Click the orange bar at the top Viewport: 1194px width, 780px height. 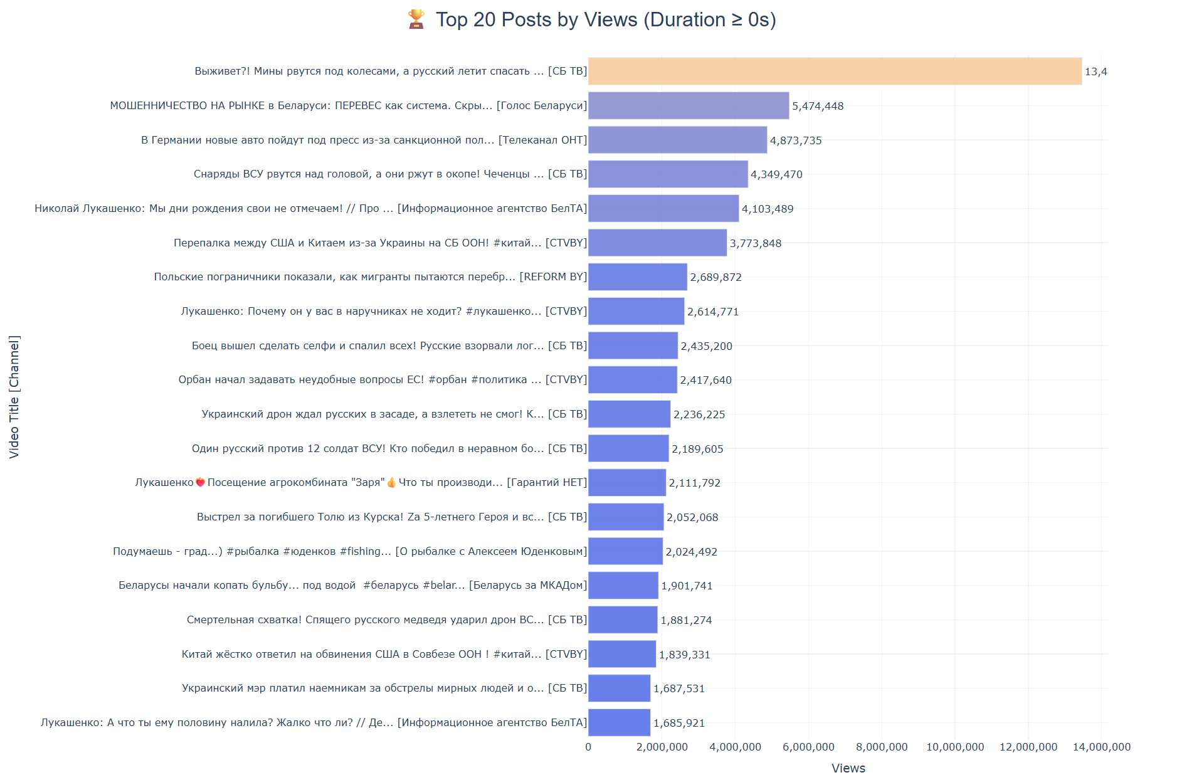tap(835, 71)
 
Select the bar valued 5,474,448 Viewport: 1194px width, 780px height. tap(689, 106)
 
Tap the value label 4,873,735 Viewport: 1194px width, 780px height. tap(796, 140)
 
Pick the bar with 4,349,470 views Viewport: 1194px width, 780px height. tap(668, 174)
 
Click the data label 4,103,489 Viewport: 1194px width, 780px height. tap(768, 209)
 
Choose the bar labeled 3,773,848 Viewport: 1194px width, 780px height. tap(657, 243)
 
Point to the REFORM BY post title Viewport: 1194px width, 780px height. tap(370, 277)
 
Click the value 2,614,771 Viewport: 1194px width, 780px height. tap(713, 312)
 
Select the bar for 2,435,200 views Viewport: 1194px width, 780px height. tap(633, 345)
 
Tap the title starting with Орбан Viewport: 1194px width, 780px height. tap(383, 380)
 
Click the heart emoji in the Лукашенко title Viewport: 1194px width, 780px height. tap(201, 483)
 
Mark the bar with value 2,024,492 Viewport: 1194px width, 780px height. tap(625, 551)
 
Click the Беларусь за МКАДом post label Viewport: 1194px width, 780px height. tap(352, 586)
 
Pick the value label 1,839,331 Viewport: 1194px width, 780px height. tap(685, 655)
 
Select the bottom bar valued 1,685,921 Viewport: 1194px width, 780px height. tap(619, 723)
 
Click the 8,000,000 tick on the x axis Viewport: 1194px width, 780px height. tap(882, 747)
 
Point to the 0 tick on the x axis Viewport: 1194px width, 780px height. tap(588, 747)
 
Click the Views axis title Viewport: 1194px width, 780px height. tap(848, 769)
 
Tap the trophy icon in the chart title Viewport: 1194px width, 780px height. tap(416, 19)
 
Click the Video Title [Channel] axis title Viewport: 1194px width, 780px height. tap(14, 397)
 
